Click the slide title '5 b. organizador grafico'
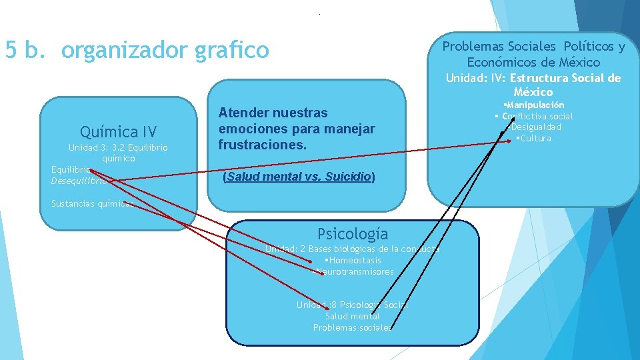tap(137, 50)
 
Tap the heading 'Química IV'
tap(118, 131)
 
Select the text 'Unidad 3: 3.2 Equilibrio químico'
tap(119, 153)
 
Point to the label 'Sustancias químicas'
tap(91, 204)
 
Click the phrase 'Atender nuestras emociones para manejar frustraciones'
tap(297, 129)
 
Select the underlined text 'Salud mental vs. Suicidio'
tap(299, 177)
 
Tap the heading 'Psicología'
tap(353, 233)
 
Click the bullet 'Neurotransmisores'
tap(354, 271)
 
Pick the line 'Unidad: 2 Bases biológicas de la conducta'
tap(353, 249)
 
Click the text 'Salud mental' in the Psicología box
tap(353, 316)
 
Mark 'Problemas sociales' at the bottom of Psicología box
tap(353, 327)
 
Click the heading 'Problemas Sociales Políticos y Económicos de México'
tap(533, 54)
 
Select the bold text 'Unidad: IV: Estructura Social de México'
tap(533, 85)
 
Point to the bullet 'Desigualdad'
tap(535, 127)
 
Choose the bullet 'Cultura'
tap(535, 138)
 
